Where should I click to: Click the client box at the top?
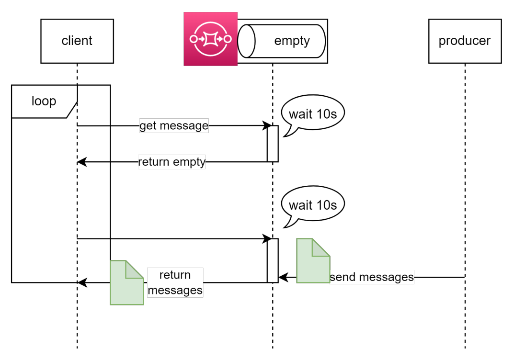tap(77, 41)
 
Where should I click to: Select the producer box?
tap(465, 41)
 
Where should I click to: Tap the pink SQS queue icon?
tap(210, 39)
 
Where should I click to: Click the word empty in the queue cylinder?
tap(292, 41)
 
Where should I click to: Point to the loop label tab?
tap(44, 101)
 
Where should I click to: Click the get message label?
tap(174, 126)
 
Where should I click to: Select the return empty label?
tap(171, 162)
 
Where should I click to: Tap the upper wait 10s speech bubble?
tap(313, 114)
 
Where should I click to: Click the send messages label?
tap(372, 277)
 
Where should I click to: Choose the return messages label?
tap(175, 282)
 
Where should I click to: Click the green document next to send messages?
tap(313, 260)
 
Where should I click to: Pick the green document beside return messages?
tap(127, 282)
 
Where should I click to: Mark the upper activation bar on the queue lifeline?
tap(273, 144)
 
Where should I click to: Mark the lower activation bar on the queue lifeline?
tap(273, 260)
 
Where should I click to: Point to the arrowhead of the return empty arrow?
tap(82, 162)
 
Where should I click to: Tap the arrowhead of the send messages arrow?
tap(283, 277)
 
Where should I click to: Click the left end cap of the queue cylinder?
tap(246, 41)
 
